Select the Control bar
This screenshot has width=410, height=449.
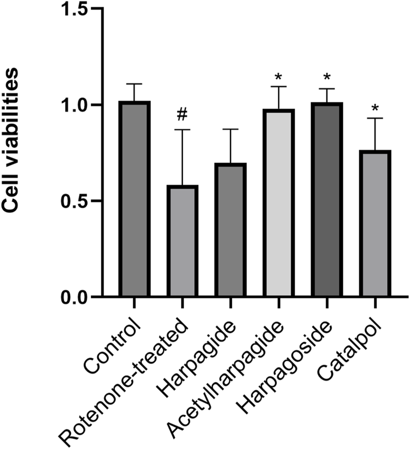[x=134, y=199]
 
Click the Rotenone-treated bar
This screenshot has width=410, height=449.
[x=182, y=241]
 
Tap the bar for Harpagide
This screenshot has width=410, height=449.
[x=230, y=230]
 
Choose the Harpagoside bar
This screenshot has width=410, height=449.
[x=326, y=200]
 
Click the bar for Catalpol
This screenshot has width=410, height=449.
[x=374, y=223]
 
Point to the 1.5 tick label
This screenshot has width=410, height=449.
[x=75, y=10]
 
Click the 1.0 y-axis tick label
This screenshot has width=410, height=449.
[x=75, y=105]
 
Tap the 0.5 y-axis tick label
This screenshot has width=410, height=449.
[x=75, y=201]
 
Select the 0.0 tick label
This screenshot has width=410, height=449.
[x=75, y=297]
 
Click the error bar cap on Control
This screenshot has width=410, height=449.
[x=134, y=84]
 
